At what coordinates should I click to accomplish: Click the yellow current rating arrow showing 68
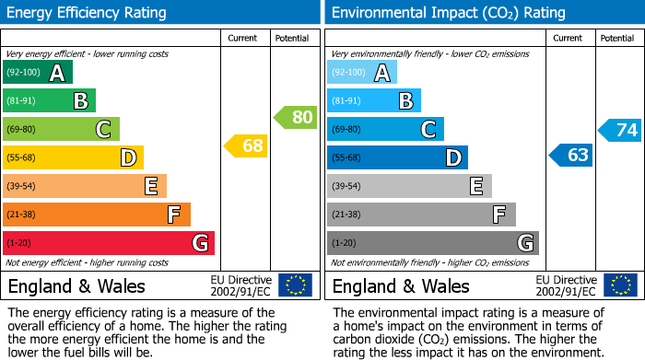[x=245, y=145]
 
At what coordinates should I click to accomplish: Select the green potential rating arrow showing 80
[x=295, y=117]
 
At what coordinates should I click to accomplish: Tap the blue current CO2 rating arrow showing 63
[x=570, y=155]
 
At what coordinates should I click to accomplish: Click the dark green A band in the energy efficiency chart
[x=38, y=73]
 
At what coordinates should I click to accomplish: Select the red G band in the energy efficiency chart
[x=109, y=243]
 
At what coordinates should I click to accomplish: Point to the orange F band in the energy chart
[x=97, y=215]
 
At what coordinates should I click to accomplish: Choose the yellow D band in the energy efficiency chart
[x=73, y=157]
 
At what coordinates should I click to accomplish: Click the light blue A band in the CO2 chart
[x=362, y=73]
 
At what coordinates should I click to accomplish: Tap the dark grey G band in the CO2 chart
[x=433, y=243]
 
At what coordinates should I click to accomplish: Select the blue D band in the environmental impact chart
[x=397, y=157]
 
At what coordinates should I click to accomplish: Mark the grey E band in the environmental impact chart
[x=409, y=186]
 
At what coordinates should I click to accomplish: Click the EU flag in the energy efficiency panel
[x=295, y=285]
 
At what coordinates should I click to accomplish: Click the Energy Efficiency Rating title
[x=88, y=13]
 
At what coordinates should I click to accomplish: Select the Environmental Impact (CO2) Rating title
[x=448, y=13]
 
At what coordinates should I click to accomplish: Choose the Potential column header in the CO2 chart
[x=616, y=38]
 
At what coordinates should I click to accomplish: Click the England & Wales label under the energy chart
[x=76, y=285]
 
